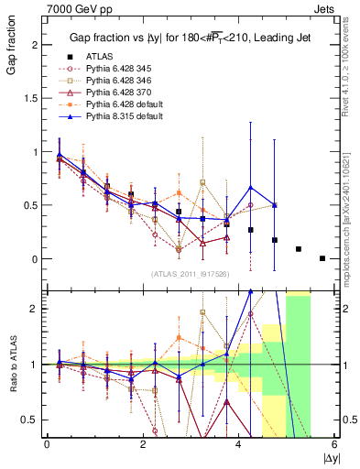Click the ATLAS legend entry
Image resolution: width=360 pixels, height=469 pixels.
(98, 57)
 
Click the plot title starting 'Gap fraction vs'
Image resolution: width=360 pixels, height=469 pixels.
(180, 38)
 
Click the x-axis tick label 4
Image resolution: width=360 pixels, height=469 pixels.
(238, 444)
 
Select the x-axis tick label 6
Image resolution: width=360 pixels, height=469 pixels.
(334, 444)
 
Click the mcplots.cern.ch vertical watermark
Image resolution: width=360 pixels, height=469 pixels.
(353, 211)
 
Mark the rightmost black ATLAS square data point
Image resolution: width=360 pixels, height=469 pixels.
(322, 258)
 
